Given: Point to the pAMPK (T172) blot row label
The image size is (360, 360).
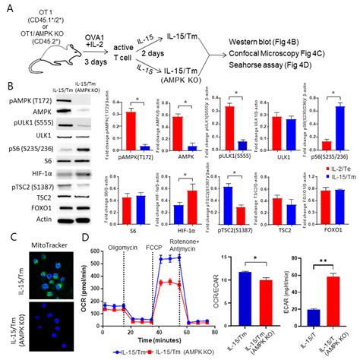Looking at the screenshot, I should [33, 96].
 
